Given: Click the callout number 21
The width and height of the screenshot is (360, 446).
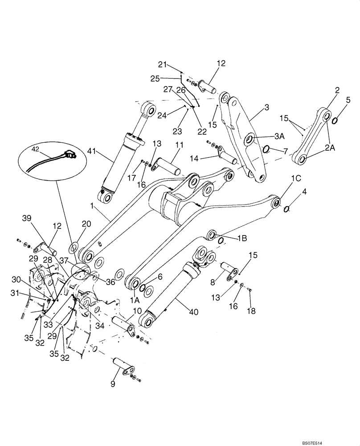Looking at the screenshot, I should (163, 65).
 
